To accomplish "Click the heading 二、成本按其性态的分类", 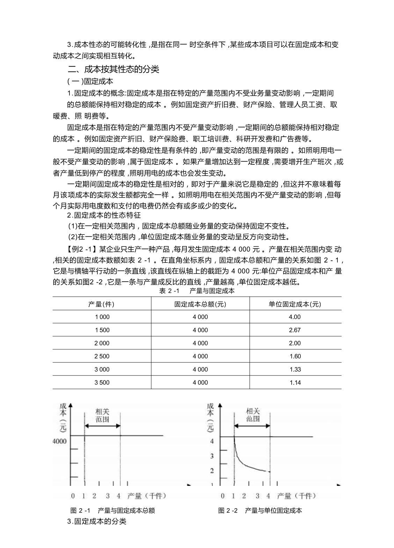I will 113,69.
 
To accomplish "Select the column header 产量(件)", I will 101,304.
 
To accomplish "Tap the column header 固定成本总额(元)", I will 200,304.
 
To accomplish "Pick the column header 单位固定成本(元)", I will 295,304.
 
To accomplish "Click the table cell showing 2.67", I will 295,330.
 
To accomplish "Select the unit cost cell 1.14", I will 295,383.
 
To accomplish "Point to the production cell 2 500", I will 102,356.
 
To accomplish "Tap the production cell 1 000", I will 102,317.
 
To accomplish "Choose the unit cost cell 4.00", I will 295,317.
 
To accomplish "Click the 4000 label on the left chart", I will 59,441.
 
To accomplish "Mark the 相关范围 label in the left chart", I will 102,415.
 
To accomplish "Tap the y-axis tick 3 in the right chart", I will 212,456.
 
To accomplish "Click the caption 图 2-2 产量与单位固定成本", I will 260,511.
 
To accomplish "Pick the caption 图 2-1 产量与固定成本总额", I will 112,511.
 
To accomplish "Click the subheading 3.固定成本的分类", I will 96,522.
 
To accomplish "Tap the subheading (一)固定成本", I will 90,81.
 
